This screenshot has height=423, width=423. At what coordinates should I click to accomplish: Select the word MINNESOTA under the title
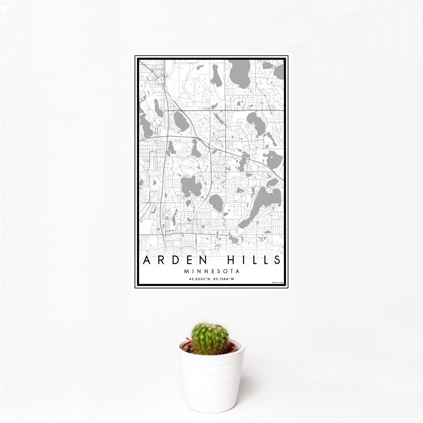pos(211,272)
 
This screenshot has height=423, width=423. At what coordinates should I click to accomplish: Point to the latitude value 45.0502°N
pos(200,279)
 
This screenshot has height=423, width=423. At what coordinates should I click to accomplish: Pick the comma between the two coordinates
pos(210,280)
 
